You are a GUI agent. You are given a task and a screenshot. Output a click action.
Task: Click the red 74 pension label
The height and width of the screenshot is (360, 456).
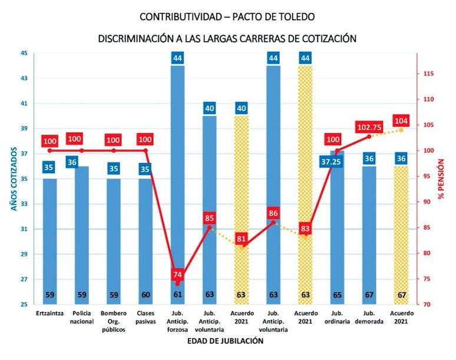pos(178,275)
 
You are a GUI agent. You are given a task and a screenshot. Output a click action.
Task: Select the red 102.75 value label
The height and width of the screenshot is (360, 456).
pos(369,127)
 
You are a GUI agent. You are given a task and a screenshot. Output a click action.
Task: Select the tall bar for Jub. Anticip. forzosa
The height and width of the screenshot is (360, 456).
pos(178,177)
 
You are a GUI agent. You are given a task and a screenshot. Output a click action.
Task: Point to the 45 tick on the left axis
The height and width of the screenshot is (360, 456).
pos(24,53)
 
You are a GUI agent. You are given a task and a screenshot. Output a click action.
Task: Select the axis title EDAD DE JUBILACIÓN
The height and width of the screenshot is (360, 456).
pos(226,341)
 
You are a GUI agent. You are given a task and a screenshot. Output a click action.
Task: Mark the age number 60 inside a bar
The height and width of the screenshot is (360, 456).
pos(146,295)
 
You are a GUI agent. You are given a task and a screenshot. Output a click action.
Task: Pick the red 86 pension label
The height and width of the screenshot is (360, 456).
pos(273,214)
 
